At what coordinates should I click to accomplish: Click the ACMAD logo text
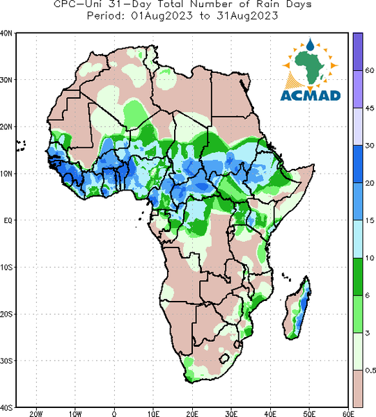coord(311,96)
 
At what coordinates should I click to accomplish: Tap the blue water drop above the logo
coord(310,44)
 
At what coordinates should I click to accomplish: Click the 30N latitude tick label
coord(6,80)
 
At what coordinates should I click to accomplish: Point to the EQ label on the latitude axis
coord(8,220)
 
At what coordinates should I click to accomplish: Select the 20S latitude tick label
coord(6,314)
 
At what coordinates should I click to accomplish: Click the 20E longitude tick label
coord(192,414)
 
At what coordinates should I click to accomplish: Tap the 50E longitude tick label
coord(309,414)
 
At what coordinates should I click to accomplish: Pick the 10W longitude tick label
coord(75,414)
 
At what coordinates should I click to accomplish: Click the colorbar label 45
coord(370,108)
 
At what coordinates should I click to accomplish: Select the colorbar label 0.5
coord(370,370)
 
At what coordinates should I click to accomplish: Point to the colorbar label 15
coord(370,220)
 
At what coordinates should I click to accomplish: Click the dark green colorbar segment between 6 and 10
coord(358,277)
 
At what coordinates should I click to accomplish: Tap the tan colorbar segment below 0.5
coord(358,389)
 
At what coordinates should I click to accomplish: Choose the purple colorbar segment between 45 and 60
coord(358,89)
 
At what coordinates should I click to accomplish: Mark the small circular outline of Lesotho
coord(224,358)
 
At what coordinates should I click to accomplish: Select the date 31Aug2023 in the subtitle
coord(248,16)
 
